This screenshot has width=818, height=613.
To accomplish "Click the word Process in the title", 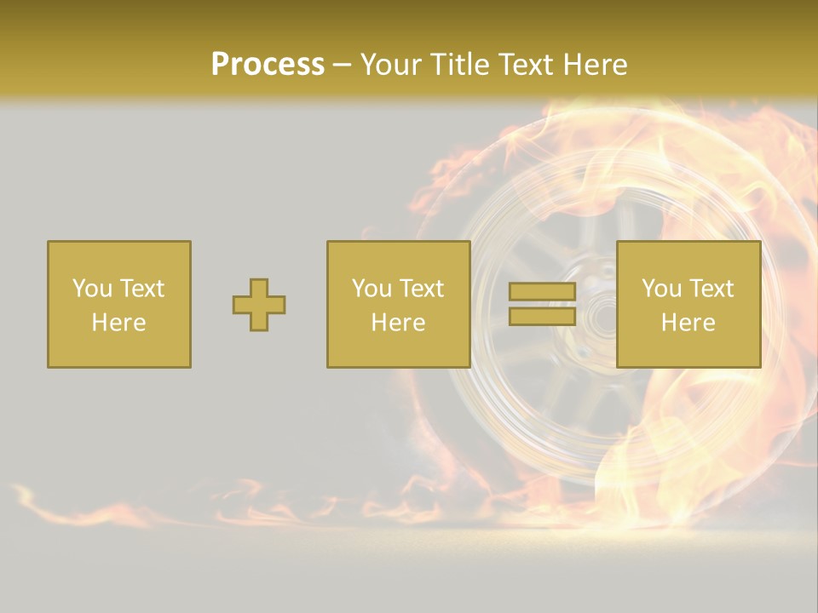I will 268,65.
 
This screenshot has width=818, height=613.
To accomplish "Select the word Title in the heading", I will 459,65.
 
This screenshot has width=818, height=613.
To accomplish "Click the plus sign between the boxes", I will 259,305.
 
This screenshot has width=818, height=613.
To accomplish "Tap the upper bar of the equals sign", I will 542,292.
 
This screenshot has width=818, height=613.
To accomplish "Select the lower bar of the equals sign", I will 542,316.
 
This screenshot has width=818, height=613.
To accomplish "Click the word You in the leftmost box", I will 91,289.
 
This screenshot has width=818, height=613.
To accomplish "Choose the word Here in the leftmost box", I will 118,323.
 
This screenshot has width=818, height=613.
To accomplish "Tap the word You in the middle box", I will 371,289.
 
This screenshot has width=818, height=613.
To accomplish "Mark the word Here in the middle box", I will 398,323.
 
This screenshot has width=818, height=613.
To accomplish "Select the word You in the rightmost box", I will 660,289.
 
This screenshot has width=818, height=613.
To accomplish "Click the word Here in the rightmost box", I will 688,323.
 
